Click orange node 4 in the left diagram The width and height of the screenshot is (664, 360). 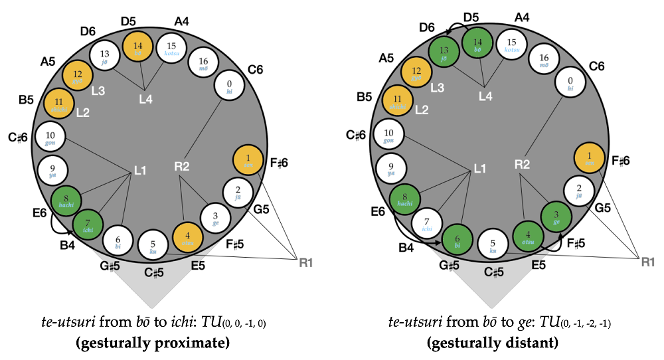point(189,236)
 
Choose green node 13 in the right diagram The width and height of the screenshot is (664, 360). point(445,53)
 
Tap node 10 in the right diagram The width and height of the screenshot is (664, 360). point(389,137)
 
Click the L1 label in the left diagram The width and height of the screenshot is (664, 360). point(140,171)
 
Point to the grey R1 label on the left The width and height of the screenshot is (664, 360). point(305,263)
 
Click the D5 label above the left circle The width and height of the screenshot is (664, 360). point(129,20)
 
